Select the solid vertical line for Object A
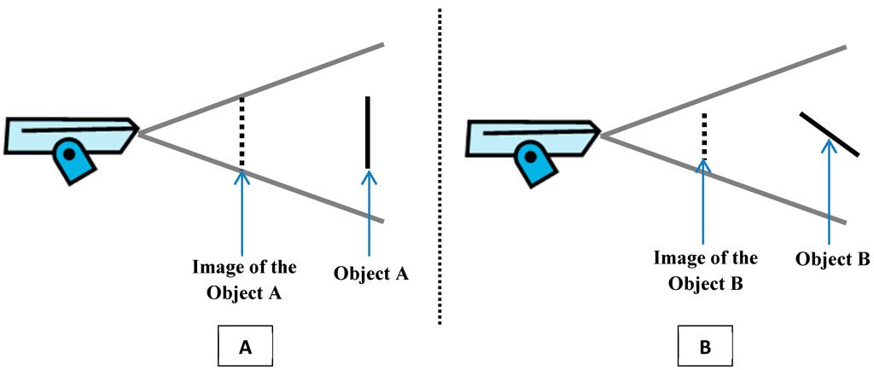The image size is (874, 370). click(367, 132)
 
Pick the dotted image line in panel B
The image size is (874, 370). click(703, 136)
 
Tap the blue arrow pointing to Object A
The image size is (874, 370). click(369, 213)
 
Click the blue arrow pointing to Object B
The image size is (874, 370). click(828, 192)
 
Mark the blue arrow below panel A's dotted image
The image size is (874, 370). click(243, 213)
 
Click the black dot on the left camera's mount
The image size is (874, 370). click(67, 154)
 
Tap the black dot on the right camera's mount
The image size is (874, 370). click(530, 157)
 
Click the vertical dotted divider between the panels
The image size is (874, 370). click(440, 171)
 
